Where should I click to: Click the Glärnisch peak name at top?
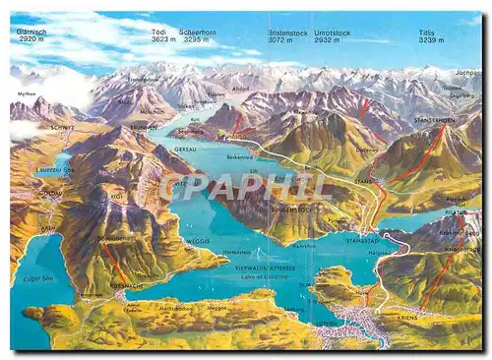pos(31,31)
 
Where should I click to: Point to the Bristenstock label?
pos(288,31)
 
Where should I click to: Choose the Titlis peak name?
pos(426,31)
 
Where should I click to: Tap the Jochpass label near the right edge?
pos(468,73)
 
